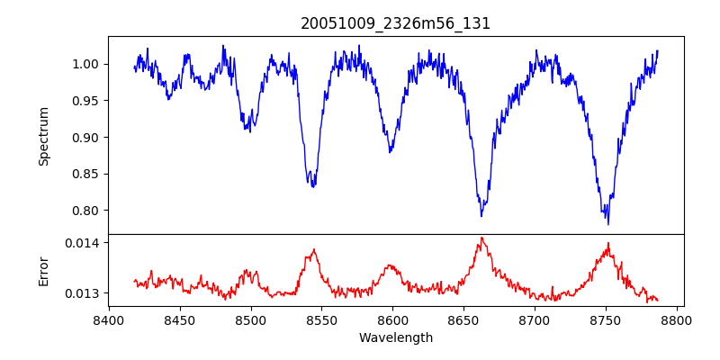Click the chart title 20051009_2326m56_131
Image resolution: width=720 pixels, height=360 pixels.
[x=396, y=23]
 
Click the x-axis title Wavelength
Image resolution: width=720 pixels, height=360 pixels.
[x=396, y=337]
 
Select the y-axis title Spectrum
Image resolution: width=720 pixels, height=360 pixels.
[x=43, y=136]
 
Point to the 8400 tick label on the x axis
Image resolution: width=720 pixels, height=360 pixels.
[x=109, y=319]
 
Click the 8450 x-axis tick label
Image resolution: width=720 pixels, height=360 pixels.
[x=180, y=319]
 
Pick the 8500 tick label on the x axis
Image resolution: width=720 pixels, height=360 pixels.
[x=251, y=319]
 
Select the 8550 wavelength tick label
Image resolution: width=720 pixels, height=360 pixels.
[x=322, y=319]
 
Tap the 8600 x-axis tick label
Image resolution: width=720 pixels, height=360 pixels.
[x=393, y=319]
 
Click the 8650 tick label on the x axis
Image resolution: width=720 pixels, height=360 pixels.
[x=464, y=319]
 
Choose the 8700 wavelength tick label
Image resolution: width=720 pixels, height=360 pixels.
[x=535, y=319]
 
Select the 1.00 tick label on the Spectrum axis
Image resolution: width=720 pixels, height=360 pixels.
[x=87, y=64]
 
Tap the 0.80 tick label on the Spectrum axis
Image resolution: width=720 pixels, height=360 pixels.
[x=87, y=211]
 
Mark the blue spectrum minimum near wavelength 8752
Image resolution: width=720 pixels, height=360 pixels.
[x=608, y=223]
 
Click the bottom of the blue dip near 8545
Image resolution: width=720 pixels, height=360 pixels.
[x=313, y=186]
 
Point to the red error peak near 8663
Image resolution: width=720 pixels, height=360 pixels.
[x=481, y=238]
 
